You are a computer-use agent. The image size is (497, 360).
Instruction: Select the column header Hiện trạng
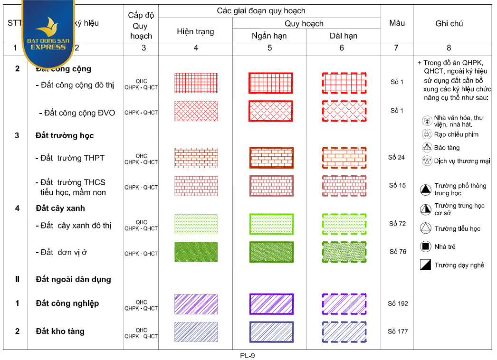coord(195,32)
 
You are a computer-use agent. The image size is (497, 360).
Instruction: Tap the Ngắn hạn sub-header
coord(269,36)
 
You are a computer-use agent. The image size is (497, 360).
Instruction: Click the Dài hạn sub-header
coord(343,36)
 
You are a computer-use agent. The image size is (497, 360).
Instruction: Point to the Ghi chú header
coord(449,23)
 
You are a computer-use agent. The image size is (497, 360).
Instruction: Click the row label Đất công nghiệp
coord(67,303)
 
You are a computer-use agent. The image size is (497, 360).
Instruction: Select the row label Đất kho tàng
coord(60,332)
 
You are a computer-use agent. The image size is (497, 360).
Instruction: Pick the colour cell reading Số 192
coord(397,303)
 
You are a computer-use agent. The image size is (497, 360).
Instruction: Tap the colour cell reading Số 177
coord(397,332)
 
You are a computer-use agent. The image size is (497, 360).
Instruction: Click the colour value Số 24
coord(396,157)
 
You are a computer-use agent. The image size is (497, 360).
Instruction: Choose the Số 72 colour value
coord(397,224)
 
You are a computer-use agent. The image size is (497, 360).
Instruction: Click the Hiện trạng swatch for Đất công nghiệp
coord(196,304)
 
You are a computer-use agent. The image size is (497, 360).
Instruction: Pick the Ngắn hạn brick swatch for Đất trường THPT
coord(271,158)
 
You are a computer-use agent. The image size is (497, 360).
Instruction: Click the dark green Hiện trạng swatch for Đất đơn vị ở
coord(196,252)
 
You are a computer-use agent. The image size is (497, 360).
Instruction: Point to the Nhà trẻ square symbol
coord(425,246)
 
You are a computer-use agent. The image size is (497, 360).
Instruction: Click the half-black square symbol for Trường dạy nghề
coord(425,265)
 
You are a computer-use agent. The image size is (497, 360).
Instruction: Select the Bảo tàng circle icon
coord(426,147)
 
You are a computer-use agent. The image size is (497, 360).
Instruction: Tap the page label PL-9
coord(248,355)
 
